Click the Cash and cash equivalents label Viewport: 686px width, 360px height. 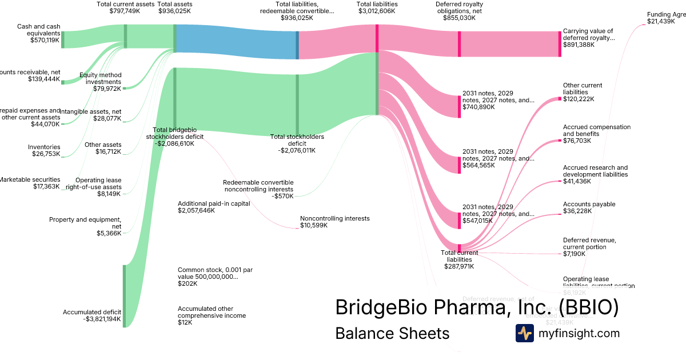coord(38,29)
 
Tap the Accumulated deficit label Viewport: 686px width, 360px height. coord(93,312)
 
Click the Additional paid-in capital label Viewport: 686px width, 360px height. coord(213,203)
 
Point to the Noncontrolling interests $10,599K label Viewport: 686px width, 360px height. coord(334,222)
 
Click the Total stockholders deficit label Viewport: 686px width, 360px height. coord(297,140)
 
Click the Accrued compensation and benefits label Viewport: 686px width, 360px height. coord(596,130)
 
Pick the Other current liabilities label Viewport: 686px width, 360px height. coord(582,89)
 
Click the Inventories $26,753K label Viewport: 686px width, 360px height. coord(44,150)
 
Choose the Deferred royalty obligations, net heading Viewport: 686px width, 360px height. coord(458,7)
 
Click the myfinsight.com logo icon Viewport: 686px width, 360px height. coord(524,333)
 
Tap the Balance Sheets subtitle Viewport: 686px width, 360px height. coord(392,333)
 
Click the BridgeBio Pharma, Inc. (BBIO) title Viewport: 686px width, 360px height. coord(477,307)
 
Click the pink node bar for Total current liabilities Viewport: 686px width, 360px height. coord(459,247)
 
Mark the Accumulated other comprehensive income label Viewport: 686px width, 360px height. coord(212,312)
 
